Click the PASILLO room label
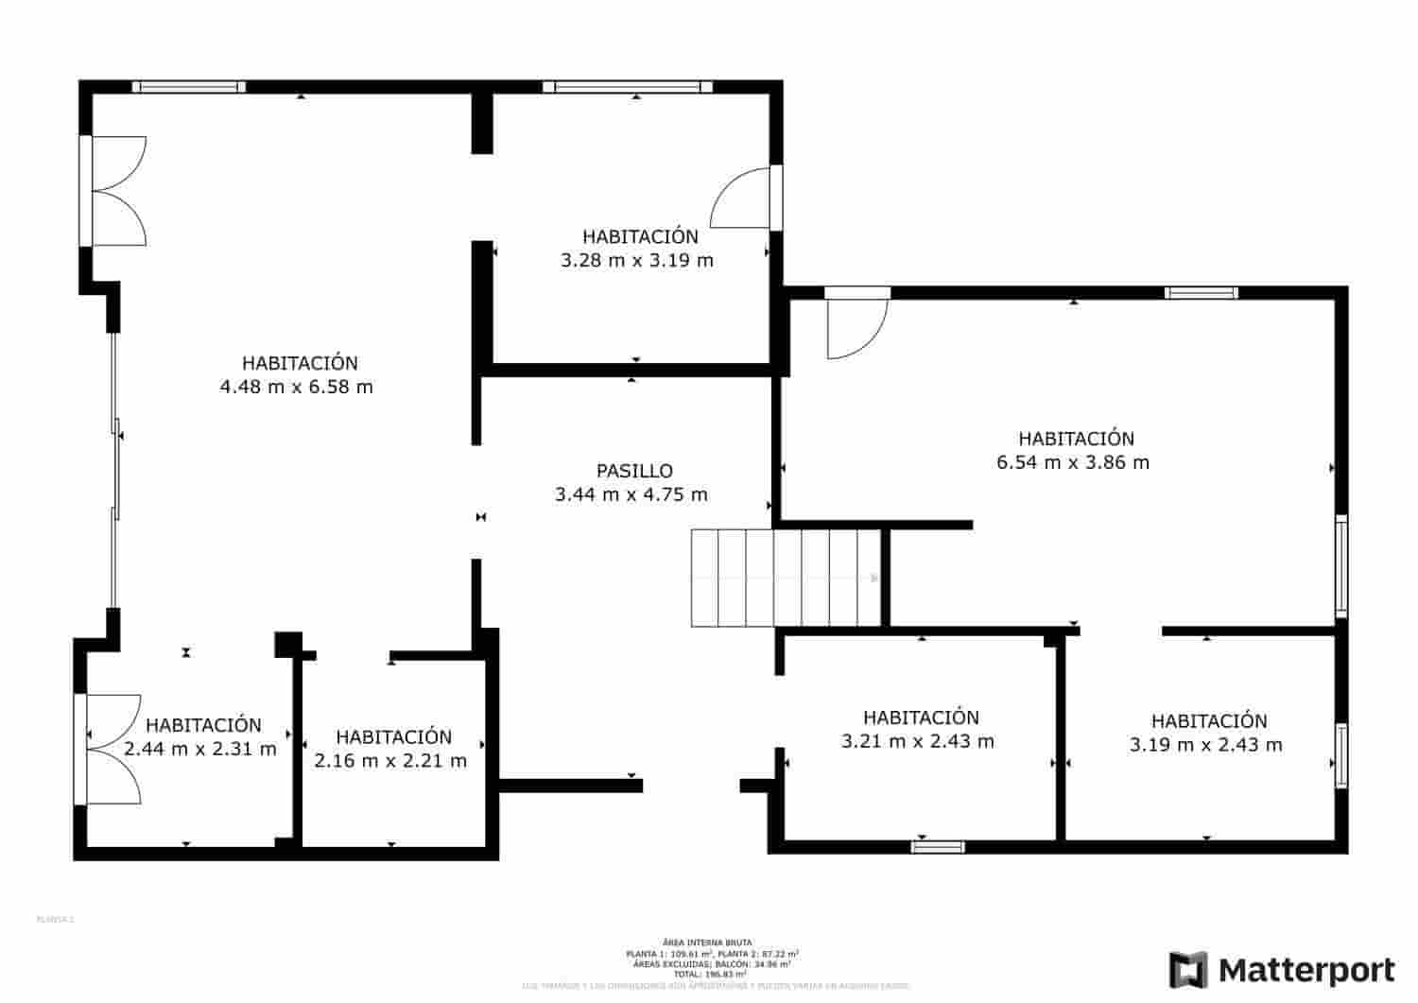click(x=634, y=471)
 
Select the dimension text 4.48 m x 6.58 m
click(x=296, y=387)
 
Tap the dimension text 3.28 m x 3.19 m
click(x=637, y=260)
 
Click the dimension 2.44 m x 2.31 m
click(x=200, y=749)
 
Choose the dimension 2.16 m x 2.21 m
click(x=390, y=761)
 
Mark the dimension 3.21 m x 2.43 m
click(x=917, y=741)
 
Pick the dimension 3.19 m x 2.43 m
click(x=1205, y=745)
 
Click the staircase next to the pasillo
click(x=786, y=578)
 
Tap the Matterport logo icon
click(x=1188, y=970)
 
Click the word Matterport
click(x=1306, y=971)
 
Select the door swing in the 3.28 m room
click(x=743, y=199)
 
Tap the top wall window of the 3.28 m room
click(x=627, y=87)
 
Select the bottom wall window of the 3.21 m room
click(x=937, y=846)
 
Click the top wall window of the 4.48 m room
click(x=188, y=87)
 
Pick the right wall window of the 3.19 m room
click(x=1340, y=755)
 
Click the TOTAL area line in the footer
click(x=708, y=974)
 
